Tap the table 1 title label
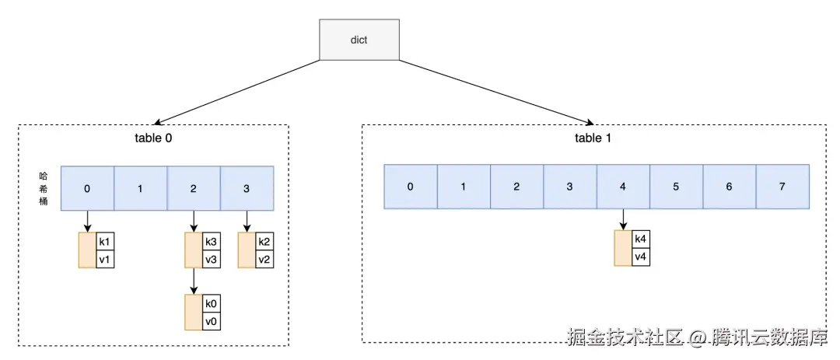click(x=587, y=139)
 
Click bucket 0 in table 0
click(x=87, y=188)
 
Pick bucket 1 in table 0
click(x=141, y=188)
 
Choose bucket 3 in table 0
click(x=247, y=188)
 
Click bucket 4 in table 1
click(x=623, y=187)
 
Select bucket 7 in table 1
click(x=782, y=187)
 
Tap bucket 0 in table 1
click(x=411, y=187)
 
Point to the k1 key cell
click(x=105, y=241)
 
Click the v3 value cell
click(x=211, y=259)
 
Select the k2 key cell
click(x=264, y=241)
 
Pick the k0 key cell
click(x=211, y=303)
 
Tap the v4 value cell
click(x=640, y=256)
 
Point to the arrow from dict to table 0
click(x=237, y=92)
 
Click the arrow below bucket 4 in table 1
click(x=623, y=219)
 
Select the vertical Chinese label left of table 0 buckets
click(x=44, y=188)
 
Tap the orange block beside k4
click(x=622, y=247)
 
